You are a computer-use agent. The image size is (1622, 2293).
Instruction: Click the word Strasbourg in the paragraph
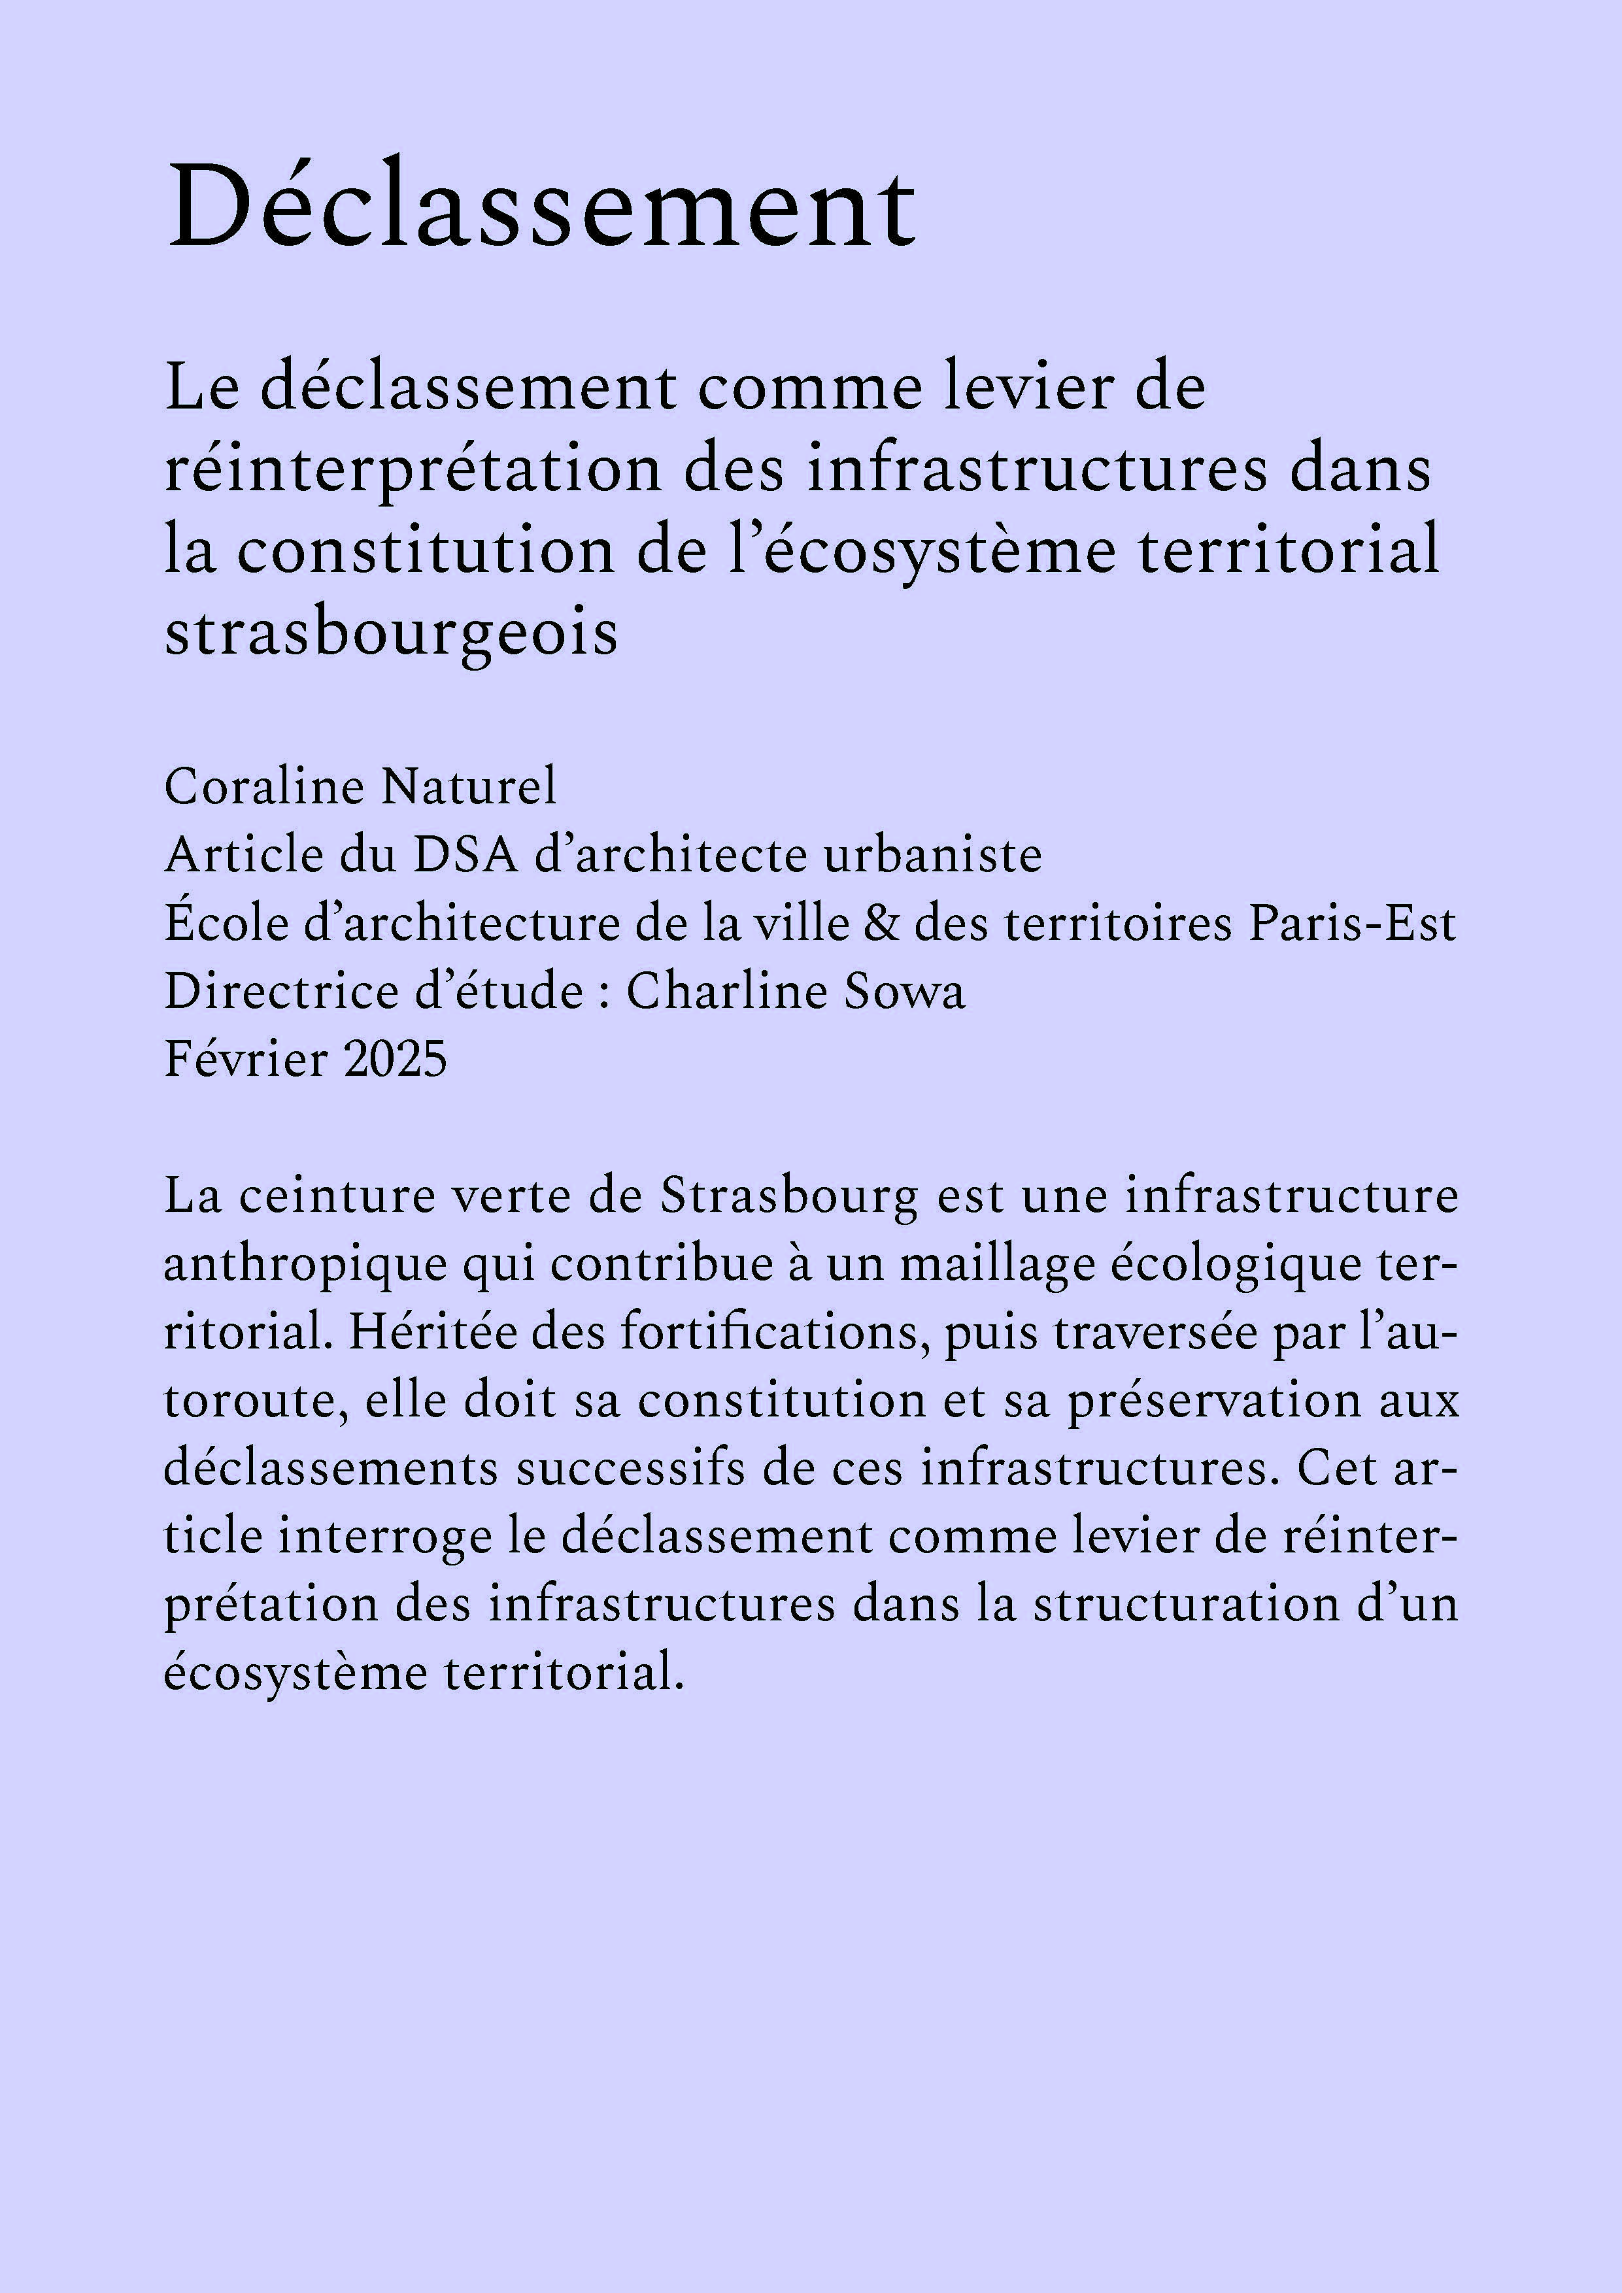coord(788,1196)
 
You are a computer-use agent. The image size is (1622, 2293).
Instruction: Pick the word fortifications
coord(769,1332)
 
